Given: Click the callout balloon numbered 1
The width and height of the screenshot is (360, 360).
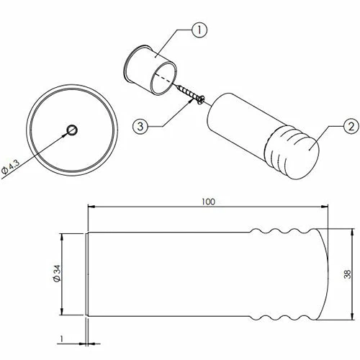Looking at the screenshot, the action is pyautogui.click(x=199, y=30).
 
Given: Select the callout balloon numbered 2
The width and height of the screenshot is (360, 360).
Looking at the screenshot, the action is pyautogui.click(x=351, y=126).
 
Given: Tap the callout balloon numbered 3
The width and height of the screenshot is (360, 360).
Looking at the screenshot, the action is pyautogui.click(x=140, y=126).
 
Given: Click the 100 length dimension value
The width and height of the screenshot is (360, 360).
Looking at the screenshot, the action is pyautogui.click(x=208, y=202).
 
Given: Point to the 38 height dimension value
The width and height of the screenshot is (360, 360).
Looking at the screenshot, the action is pyautogui.click(x=347, y=274).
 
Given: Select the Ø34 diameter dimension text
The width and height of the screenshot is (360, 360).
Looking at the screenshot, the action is pyautogui.click(x=57, y=274).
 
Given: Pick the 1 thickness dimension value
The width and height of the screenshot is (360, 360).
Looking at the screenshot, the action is pyautogui.click(x=62, y=338).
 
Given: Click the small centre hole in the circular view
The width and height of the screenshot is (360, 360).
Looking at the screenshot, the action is pyautogui.click(x=72, y=130).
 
